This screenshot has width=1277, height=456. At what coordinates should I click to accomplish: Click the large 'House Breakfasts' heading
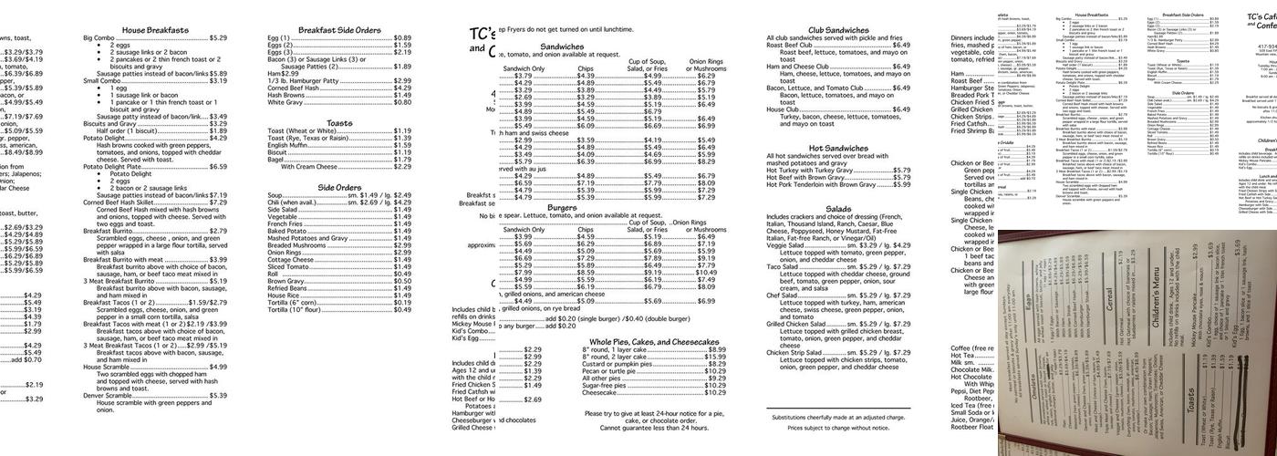tap(155, 30)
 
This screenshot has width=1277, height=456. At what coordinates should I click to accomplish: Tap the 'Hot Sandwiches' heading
tap(838, 148)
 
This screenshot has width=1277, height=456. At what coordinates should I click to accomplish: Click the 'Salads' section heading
tap(838, 209)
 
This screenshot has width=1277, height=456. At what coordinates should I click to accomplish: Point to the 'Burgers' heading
tap(562, 208)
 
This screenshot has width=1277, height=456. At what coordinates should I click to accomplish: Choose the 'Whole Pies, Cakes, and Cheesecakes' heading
tap(654, 341)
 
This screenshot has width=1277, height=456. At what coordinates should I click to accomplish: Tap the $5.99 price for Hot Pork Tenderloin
tap(901, 185)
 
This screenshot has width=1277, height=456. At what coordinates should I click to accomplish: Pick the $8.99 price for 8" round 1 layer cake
tap(717, 349)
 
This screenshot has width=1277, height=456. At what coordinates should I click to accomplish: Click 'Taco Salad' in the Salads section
tap(784, 267)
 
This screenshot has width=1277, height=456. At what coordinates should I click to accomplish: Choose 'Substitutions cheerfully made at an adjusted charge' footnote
tap(838, 417)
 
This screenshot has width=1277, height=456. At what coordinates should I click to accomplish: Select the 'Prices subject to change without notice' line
tap(838, 428)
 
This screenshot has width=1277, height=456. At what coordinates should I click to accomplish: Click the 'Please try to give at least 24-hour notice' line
tap(654, 412)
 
